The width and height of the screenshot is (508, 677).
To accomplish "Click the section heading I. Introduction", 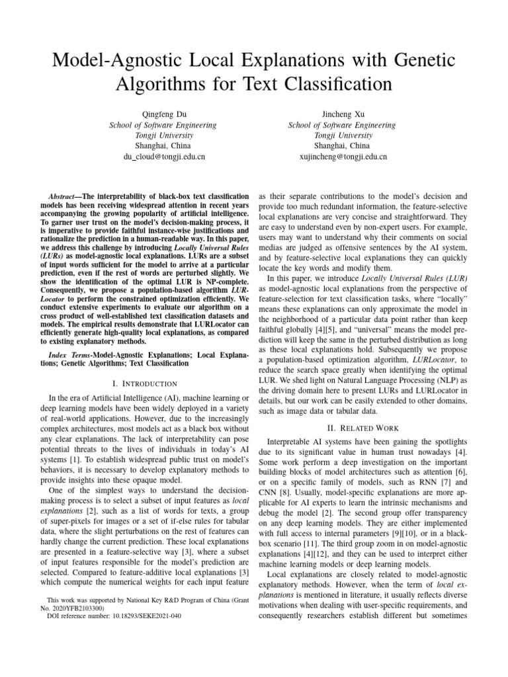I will coord(146,383).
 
